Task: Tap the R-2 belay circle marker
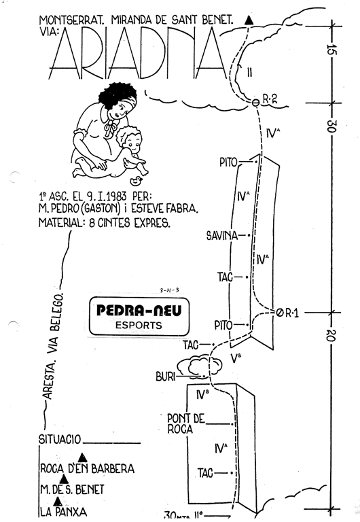tap(255, 103)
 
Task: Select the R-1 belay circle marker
tap(279, 312)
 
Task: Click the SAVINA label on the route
tap(222, 236)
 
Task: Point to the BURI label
tap(165, 377)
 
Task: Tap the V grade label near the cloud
tap(236, 358)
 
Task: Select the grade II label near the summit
tap(249, 72)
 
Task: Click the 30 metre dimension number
tap(331, 126)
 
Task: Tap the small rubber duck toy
tap(135, 181)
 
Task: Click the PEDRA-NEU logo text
tap(139, 310)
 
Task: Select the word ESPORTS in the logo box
tap(139, 326)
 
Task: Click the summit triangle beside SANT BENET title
tap(249, 20)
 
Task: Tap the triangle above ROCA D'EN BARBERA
tap(82, 457)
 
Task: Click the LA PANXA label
tap(63, 511)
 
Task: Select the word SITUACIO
tap(60, 440)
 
